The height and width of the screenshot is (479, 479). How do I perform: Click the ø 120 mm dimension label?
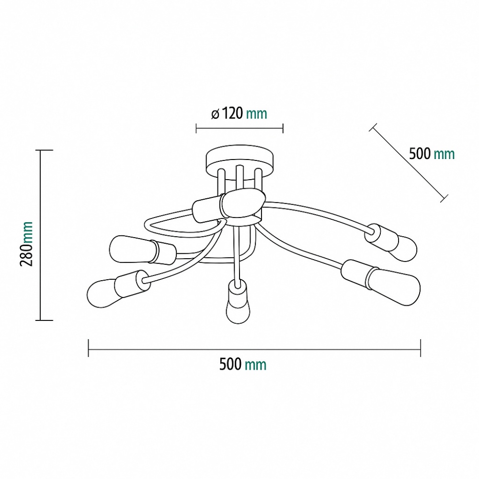coord(239,114)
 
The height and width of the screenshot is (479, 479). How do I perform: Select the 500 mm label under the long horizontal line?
coord(242,365)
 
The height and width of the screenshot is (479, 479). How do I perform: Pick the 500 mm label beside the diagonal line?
coord(432,154)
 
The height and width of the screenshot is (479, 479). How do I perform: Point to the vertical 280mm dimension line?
coord(40,235)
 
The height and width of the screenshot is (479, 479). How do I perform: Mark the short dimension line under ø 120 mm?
coord(239,128)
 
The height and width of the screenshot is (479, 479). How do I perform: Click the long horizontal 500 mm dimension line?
coord(254,348)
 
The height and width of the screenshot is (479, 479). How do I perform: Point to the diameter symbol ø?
coord(215,114)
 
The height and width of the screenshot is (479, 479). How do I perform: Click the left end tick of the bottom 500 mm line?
coord(89,348)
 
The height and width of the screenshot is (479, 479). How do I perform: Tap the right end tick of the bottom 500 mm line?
coord(420,348)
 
